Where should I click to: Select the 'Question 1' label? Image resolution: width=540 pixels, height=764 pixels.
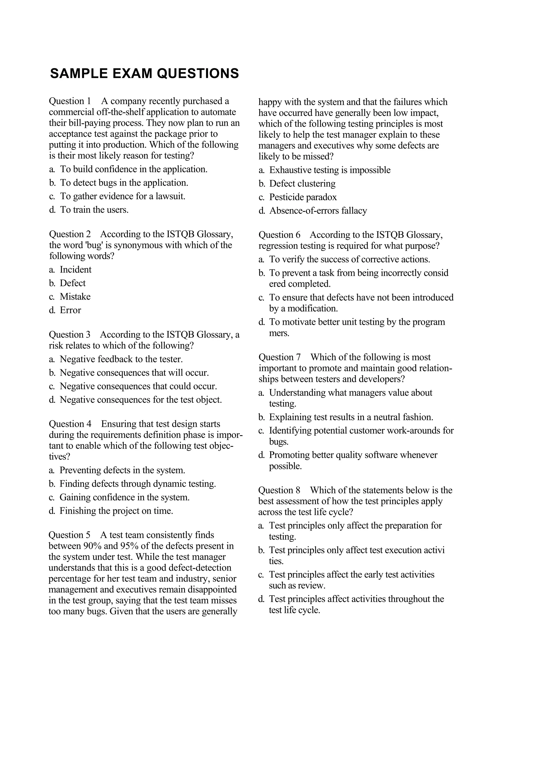tap(70, 101)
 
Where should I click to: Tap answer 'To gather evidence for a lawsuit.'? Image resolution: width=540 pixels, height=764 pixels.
tap(122, 196)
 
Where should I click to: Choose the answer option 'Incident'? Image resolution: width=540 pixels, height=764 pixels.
tap(75, 269)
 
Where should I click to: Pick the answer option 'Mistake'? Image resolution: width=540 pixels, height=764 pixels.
tap(75, 297)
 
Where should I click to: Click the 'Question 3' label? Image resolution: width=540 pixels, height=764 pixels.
tap(70, 335)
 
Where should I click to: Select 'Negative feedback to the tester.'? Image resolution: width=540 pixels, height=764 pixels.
tap(121, 359)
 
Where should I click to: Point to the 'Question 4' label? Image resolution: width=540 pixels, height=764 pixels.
tap(70, 424)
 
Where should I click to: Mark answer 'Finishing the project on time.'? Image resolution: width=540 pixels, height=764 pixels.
tap(116, 511)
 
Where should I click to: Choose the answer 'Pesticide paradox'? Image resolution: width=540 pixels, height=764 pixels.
tap(303, 197)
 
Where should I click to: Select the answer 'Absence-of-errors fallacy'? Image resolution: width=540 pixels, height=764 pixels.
tap(318, 211)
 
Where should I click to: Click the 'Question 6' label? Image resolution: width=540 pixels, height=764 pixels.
tap(279, 235)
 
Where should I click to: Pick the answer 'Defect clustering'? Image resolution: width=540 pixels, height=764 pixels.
tap(302, 184)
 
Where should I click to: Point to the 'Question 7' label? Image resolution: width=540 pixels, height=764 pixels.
tap(279, 357)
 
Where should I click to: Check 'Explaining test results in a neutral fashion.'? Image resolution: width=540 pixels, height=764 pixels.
tap(351, 417)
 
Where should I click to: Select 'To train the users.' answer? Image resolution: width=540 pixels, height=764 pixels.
tap(94, 210)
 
